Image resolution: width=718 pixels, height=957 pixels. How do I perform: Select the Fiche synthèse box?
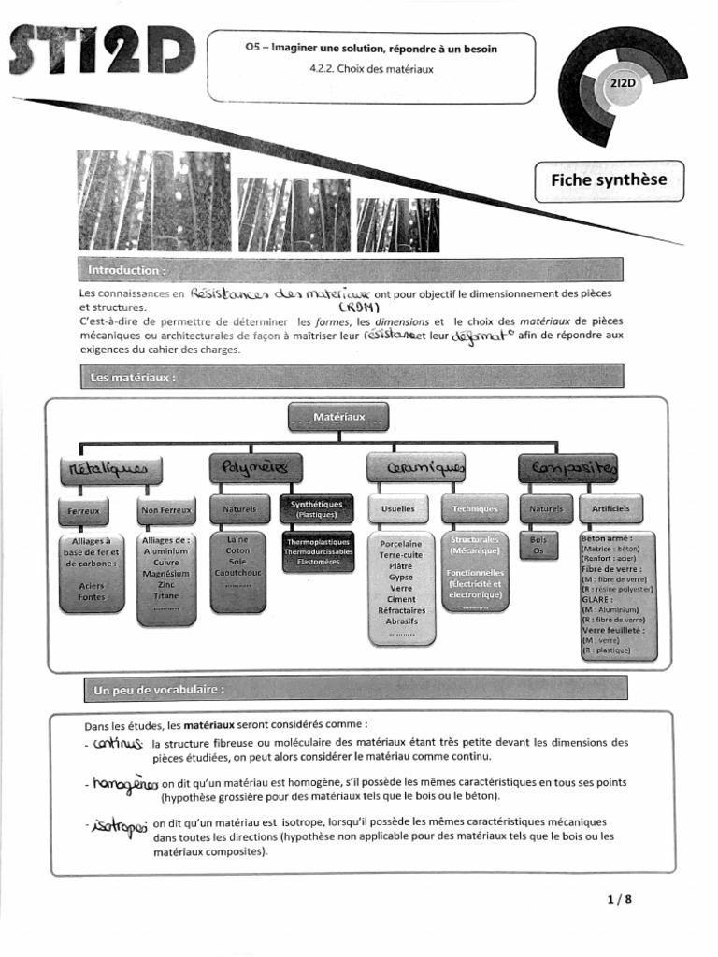[609, 180]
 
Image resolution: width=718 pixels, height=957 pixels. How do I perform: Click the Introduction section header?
[127, 270]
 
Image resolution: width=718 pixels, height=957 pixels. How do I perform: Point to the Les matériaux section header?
[133, 378]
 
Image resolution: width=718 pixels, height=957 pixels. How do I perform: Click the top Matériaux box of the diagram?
[339, 416]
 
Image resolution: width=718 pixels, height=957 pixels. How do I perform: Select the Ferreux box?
[84, 510]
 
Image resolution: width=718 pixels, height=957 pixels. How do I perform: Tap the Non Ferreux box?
[166, 510]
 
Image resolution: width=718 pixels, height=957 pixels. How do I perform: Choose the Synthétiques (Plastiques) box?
[317, 509]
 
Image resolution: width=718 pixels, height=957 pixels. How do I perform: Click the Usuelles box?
[398, 509]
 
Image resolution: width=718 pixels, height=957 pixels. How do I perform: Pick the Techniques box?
[475, 509]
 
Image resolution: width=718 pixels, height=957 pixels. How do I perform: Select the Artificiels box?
[610, 509]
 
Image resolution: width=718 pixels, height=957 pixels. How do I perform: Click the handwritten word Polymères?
[255, 467]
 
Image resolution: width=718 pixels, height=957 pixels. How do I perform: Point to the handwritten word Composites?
[567, 467]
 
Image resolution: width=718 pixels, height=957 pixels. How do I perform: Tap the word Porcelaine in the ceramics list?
[400, 544]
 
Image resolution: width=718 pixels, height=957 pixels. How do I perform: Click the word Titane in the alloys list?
[166, 595]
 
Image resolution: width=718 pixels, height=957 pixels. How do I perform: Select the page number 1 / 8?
[619, 900]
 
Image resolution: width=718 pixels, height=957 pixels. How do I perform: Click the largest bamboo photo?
[154, 201]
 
